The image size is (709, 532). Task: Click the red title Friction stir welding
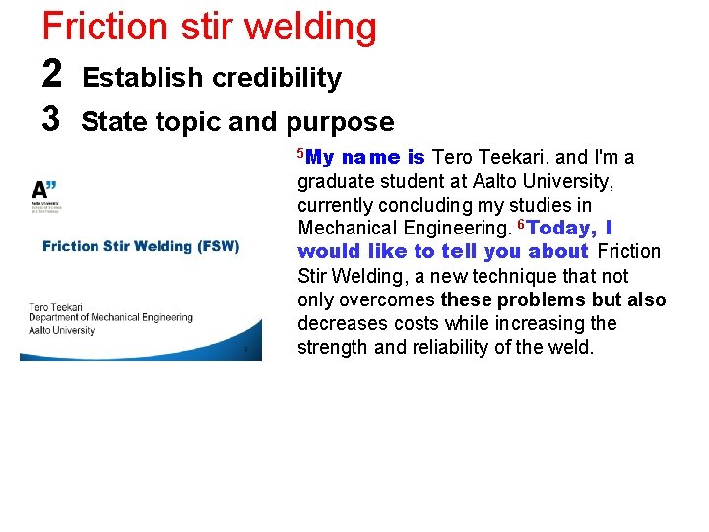(209, 26)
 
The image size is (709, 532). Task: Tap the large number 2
(53, 75)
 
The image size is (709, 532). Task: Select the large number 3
(53, 120)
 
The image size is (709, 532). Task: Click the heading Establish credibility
(212, 78)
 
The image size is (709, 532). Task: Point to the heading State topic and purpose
(237, 122)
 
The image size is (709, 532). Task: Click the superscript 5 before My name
(301, 153)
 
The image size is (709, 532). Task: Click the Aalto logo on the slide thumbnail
(45, 195)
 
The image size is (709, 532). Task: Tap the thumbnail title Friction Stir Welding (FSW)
(141, 246)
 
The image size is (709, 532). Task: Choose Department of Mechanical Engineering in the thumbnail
(110, 318)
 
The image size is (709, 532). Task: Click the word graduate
(335, 181)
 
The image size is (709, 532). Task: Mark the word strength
(331, 347)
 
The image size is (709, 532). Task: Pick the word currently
(339, 205)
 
